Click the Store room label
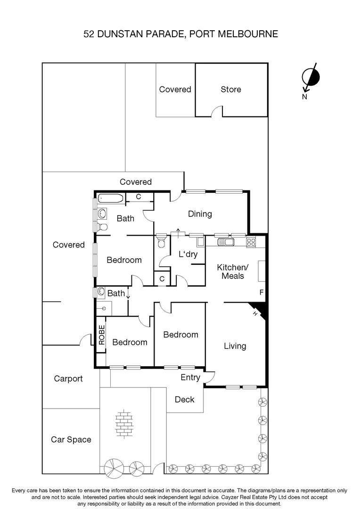pos(231,90)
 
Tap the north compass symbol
pos(311,77)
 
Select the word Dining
pos(200,214)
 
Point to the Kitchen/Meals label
pos(232,271)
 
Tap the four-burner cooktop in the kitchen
pos(251,243)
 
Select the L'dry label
pos(188,254)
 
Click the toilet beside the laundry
pos(161,242)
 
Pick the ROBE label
pos(101,335)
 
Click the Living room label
pos(235,346)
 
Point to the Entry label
pos(190,378)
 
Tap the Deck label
pos(184,400)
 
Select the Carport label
pos(68,378)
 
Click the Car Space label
pos(71,440)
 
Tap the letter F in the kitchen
pos(262,293)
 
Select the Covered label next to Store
pos(175,90)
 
